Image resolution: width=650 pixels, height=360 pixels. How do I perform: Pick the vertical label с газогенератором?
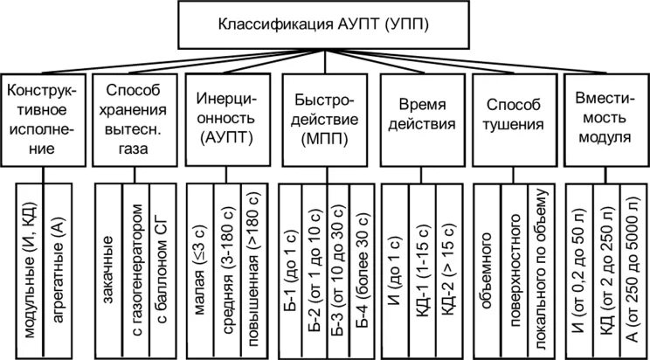click(135, 269)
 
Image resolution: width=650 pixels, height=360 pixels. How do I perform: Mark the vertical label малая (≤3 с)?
click(198, 269)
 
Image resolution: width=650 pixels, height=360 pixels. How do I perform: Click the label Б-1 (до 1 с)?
click(292, 269)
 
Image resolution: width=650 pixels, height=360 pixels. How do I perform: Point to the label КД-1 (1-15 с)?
click(421, 269)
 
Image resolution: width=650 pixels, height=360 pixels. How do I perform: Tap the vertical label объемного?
click(488, 269)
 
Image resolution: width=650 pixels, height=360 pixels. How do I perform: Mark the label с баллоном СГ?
click(162, 269)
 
